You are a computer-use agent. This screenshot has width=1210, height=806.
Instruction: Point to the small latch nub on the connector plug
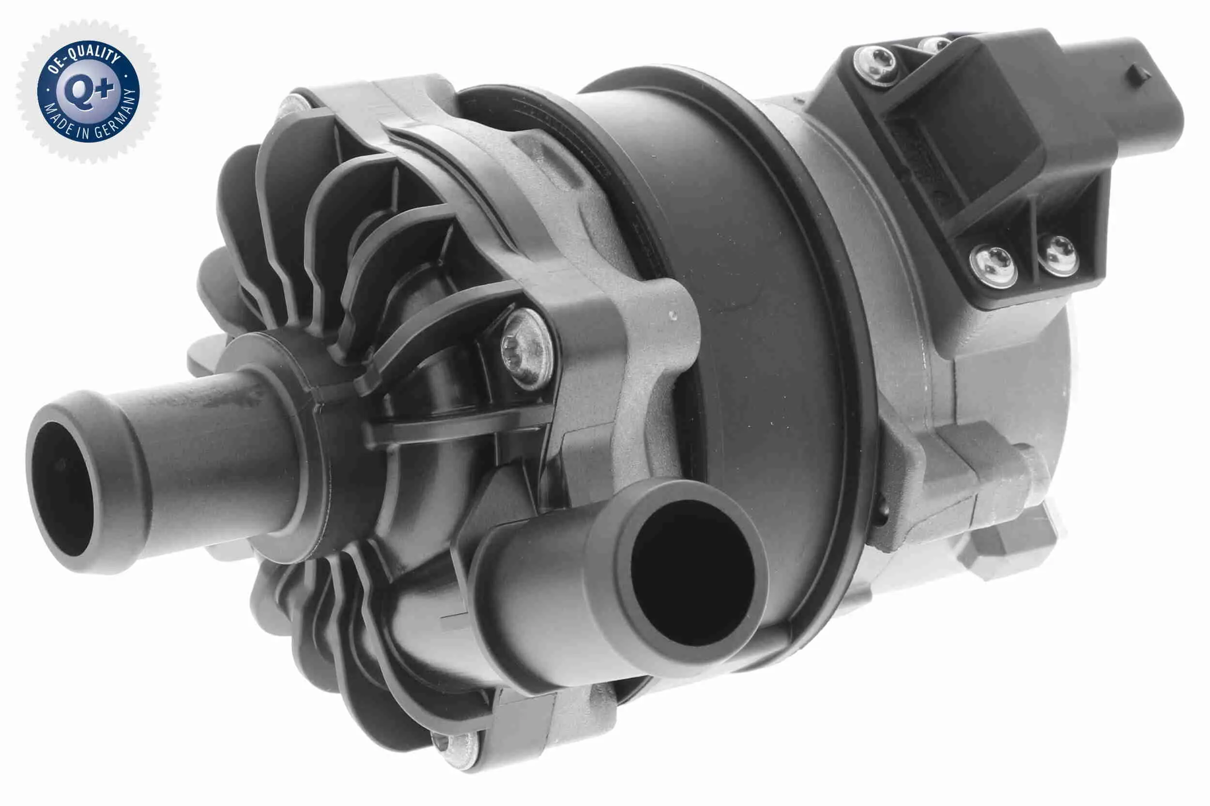[1138, 75]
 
